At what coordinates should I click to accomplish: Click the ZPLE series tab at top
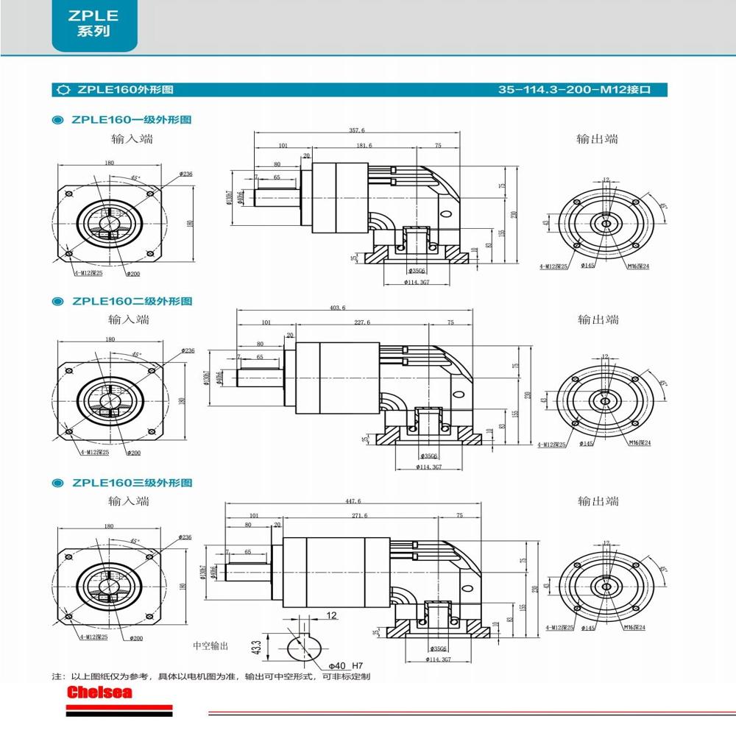[93, 24]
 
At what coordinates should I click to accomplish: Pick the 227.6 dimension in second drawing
[361, 322]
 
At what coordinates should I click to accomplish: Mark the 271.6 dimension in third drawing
[360, 516]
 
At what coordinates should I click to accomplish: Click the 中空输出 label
[210, 645]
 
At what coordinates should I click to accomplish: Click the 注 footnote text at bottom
[210, 676]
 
